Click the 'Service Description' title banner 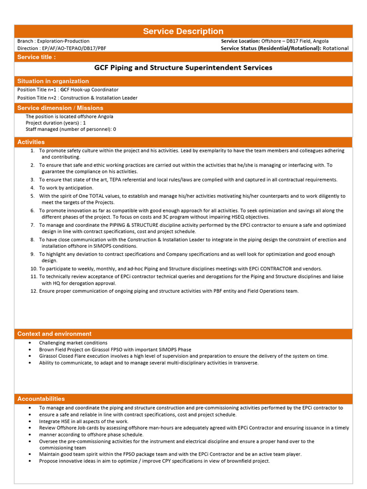point(183,32)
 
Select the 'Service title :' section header point(36,57)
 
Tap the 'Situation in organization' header point(53,81)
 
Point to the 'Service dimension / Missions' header point(60,108)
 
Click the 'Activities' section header point(31,142)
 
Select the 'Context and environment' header point(54,334)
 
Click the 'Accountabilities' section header point(41,399)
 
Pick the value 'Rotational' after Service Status point(335,48)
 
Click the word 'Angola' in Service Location point(320,41)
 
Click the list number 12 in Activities point(33,291)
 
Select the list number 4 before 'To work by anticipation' point(32,188)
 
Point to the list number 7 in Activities point(32,225)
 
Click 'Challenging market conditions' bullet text point(73,343)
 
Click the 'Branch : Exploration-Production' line point(53,41)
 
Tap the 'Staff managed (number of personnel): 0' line point(71,129)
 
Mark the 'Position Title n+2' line point(77,98)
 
